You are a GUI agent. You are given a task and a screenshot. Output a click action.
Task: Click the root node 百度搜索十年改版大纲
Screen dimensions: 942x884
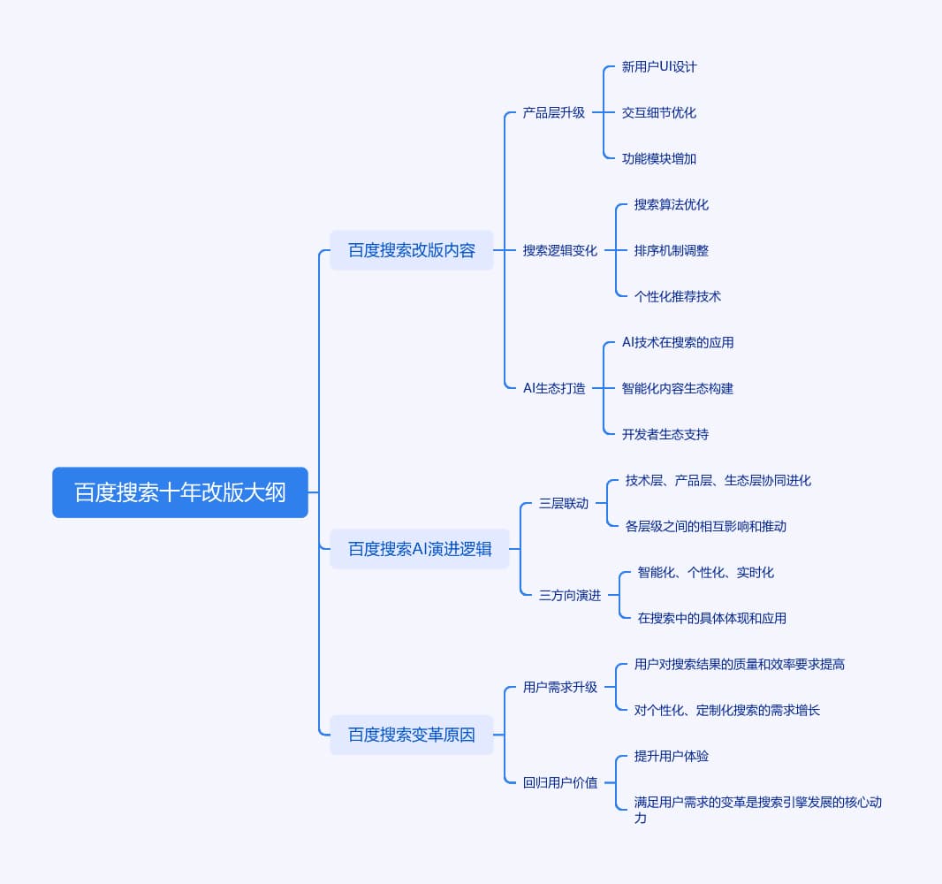pos(180,492)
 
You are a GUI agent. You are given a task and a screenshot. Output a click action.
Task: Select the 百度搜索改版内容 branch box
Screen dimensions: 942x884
pos(412,250)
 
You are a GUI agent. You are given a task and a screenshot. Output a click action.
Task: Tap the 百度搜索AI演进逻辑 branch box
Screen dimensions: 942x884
pos(420,549)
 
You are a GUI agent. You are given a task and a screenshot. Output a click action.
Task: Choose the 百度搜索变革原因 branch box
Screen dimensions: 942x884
pos(412,735)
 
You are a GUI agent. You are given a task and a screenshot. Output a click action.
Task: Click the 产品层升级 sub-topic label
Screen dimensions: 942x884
pos(553,112)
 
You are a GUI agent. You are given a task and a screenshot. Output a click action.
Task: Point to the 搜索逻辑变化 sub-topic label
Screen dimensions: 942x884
pos(560,250)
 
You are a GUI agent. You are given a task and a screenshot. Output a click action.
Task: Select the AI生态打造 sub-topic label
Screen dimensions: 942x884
pos(554,388)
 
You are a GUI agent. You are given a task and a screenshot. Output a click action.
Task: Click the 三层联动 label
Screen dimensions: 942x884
pos(564,503)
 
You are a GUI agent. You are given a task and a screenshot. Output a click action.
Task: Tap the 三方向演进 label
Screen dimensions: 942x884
pos(569,595)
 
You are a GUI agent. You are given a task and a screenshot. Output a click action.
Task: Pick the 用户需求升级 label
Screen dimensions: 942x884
pos(560,687)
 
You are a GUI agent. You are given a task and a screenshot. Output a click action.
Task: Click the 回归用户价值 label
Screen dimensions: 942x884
pos(560,782)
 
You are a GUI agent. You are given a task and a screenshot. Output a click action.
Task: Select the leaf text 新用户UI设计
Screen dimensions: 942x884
pos(659,66)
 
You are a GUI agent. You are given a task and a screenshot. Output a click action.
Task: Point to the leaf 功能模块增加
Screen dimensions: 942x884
pos(659,158)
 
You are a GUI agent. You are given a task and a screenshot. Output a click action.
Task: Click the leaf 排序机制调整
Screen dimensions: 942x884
pos(671,250)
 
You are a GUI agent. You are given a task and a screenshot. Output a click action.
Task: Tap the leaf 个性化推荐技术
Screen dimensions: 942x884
pos(678,296)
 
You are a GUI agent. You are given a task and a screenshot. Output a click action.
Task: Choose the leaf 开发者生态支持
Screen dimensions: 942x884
pos(665,434)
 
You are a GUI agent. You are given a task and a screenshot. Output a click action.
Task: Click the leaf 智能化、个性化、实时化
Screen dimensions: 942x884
pos(705,572)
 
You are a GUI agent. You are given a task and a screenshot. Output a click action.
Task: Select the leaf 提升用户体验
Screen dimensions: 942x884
pos(671,756)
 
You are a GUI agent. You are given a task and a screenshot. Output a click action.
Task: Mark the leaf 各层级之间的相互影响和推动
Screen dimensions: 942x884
pos(705,527)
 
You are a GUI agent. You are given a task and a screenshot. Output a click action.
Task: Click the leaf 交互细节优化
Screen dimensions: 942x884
pos(659,112)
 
